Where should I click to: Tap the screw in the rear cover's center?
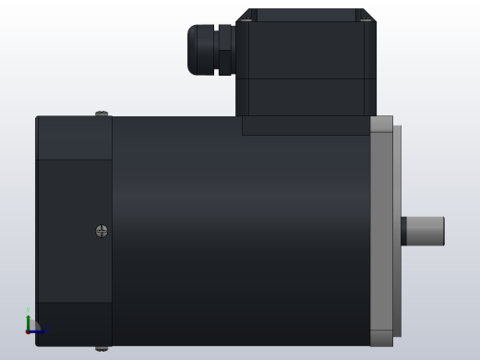pyautogui.click(x=102, y=231)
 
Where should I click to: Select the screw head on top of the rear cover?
pyautogui.click(x=102, y=114)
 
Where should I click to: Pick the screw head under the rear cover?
pyautogui.click(x=102, y=348)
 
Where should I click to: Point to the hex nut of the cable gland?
pyautogui.click(x=224, y=49)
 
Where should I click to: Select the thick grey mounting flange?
pyautogui.click(x=381, y=231)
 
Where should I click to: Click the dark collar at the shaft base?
pyautogui.click(x=403, y=231)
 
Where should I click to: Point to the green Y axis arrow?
pyautogui.click(x=28, y=319)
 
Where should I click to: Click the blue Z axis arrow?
pyautogui.click(x=38, y=330)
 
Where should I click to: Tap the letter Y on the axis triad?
pyautogui.click(x=28, y=310)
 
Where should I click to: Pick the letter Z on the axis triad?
pyautogui.click(x=43, y=330)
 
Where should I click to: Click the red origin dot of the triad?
pyautogui.click(x=28, y=330)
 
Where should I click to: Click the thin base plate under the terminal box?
pyautogui.click(x=306, y=126)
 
